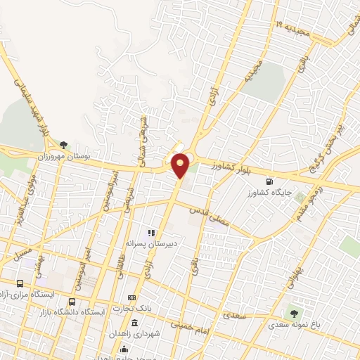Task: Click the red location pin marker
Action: pyautogui.click(x=181, y=165)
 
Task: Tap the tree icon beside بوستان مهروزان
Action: pyautogui.click(x=64, y=146)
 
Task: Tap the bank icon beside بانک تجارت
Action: pyautogui.click(x=131, y=298)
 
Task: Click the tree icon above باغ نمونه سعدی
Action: pyautogui.click(x=294, y=313)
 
